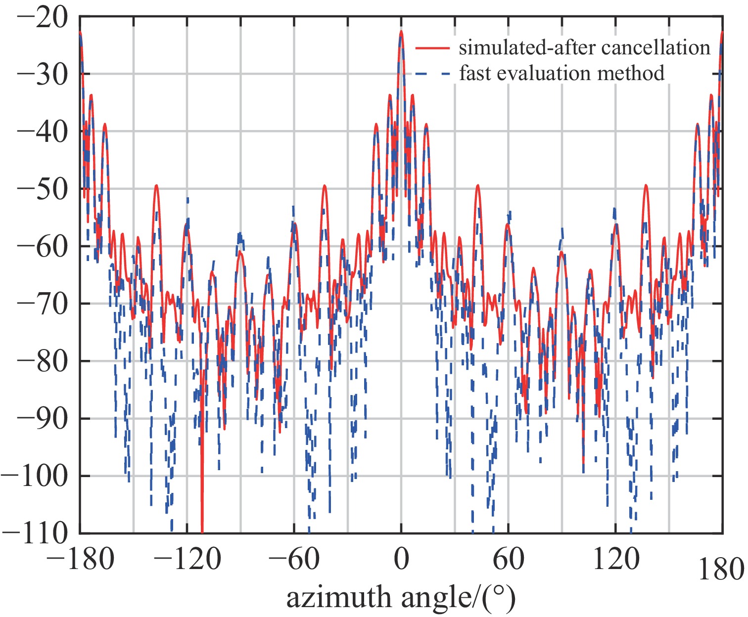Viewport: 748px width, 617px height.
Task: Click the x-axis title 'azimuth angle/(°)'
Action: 401,597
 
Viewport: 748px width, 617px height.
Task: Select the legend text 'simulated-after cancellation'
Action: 584,48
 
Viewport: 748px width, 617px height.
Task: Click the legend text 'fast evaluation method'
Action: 561,73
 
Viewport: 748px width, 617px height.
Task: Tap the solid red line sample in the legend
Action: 432,48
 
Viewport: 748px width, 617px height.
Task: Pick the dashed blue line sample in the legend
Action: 432,74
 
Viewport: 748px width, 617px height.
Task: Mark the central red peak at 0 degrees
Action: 401,33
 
